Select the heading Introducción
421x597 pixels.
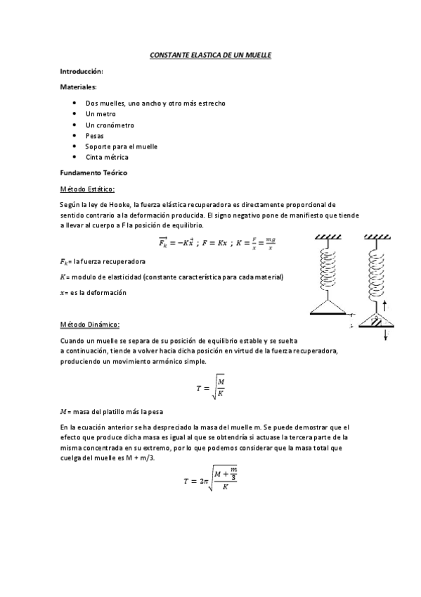[x=82, y=72]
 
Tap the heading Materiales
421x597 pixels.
[x=79, y=87]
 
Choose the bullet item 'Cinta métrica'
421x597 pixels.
[x=107, y=157]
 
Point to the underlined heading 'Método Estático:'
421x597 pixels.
[x=87, y=189]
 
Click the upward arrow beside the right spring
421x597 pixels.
[x=387, y=306]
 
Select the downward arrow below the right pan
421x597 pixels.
[x=387, y=336]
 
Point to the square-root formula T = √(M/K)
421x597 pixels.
[x=210, y=387]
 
